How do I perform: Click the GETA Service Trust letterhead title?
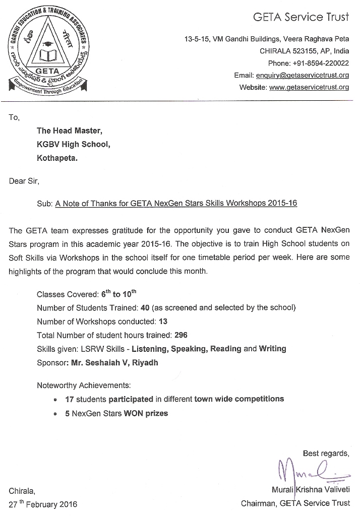click(x=301, y=17)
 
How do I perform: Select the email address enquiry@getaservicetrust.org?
click(x=302, y=75)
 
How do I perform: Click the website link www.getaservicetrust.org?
click(x=309, y=87)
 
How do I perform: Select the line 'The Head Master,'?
click(x=70, y=131)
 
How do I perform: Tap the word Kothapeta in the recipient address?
click(x=57, y=158)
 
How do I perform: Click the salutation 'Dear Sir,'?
click(x=24, y=181)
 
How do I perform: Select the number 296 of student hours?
click(x=181, y=335)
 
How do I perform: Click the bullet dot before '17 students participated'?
click(x=55, y=400)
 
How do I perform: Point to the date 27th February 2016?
click(x=43, y=503)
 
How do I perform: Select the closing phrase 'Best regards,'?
click(x=326, y=454)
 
